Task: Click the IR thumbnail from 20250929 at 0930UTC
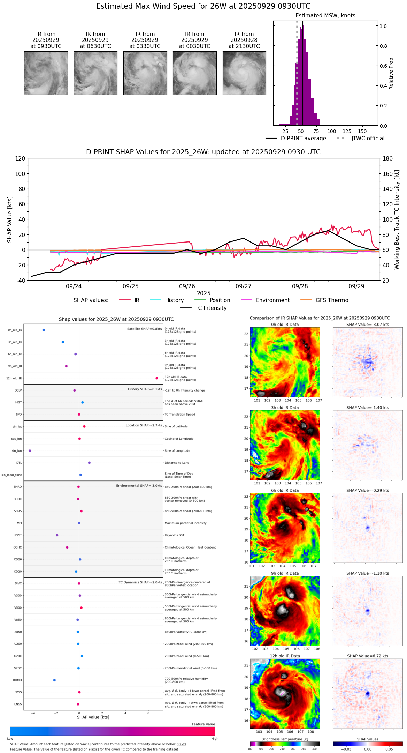click(x=46, y=73)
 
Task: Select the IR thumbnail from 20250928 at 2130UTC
click(x=244, y=73)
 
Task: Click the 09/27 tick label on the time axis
click(x=243, y=286)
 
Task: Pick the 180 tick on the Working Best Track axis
click(x=388, y=158)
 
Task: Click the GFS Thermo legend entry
click(x=332, y=300)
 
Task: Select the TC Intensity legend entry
click(x=210, y=308)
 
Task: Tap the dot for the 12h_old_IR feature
click(x=157, y=378)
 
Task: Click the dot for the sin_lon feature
click(x=30, y=451)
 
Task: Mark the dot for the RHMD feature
click(x=54, y=680)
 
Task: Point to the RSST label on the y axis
click(x=18, y=535)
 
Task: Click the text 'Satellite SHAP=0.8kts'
click(x=144, y=329)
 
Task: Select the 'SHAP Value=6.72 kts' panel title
click(x=368, y=656)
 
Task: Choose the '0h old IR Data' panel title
click(x=285, y=325)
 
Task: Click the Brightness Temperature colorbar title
click(x=285, y=739)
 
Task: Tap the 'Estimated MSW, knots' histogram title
click(x=325, y=16)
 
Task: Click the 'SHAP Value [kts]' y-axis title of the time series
click(x=10, y=219)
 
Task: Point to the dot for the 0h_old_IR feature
click(x=44, y=330)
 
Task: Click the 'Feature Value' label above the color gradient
click(x=203, y=724)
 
